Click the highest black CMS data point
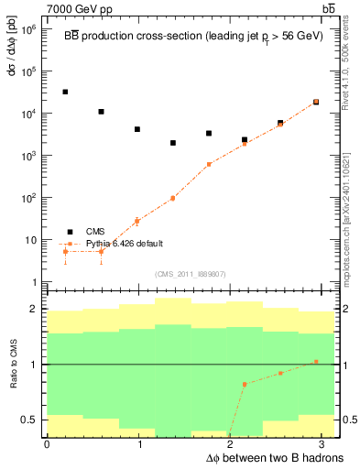(65, 92)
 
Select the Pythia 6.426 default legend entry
(123, 245)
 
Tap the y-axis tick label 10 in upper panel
(32, 240)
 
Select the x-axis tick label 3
(326, 444)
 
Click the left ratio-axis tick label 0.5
(30, 420)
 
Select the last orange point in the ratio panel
(316, 362)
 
